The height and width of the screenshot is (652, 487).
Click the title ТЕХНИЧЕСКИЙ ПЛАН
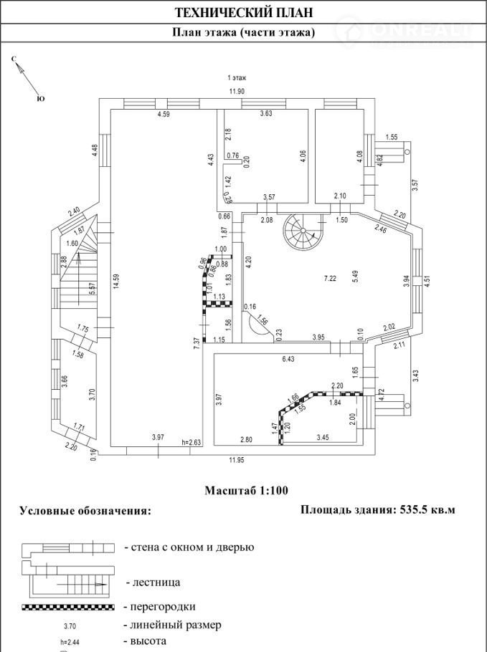244,12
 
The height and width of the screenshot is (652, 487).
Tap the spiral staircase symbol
302,232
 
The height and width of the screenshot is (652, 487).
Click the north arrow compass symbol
22,72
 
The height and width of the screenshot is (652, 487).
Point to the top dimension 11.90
237,91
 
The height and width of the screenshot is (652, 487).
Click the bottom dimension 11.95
237,459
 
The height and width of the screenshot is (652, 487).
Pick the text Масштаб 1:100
246,491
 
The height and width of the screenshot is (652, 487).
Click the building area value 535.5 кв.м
425,510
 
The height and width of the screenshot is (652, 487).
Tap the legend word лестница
152,583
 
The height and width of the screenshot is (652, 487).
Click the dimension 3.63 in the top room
265,113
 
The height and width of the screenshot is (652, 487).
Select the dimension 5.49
354,278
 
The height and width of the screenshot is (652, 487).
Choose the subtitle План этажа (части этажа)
244,33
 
